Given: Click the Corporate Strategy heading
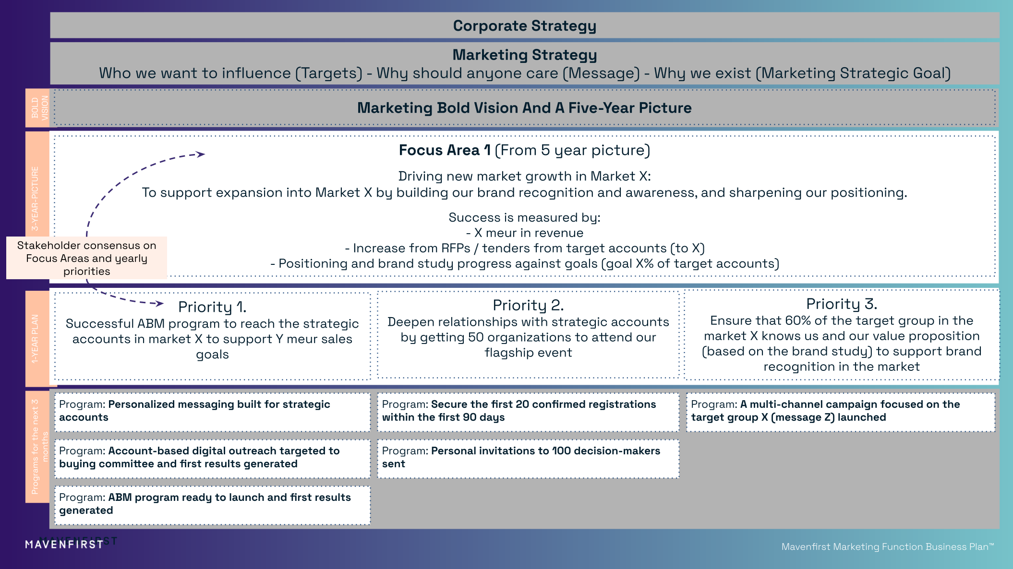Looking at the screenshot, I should pyautogui.click(x=524, y=26).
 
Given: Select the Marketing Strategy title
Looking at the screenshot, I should pyautogui.click(x=524, y=55).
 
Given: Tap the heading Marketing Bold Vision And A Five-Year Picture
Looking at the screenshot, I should pyautogui.click(x=524, y=108).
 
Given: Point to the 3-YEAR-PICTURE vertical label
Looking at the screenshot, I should pyautogui.click(x=35, y=199).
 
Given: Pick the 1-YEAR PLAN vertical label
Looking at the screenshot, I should pyautogui.click(x=35, y=339).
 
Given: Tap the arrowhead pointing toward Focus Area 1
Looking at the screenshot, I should pyautogui.click(x=201, y=154).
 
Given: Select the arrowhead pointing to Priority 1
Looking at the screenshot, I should pyautogui.click(x=159, y=303).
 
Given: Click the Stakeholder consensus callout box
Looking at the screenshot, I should pyautogui.click(x=86, y=258).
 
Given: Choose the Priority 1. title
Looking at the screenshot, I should pyautogui.click(x=212, y=307).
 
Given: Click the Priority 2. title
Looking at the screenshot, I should pyautogui.click(x=528, y=305).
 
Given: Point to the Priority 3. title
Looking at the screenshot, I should pyautogui.click(x=841, y=304).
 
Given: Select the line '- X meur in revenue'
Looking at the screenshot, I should pyautogui.click(x=524, y=233).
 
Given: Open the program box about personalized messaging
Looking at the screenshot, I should pyautogui.click(x=212, y=411).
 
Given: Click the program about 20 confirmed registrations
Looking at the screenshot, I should pyautogui.click(x=528, y=411).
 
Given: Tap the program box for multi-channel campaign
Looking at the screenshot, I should pyautogui.click(x=840, y=411).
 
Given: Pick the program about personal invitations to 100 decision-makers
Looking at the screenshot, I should pyautogui.click(x=528, y=458).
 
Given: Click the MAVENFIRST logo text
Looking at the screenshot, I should pyautogui.click(x=64, y=545).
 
